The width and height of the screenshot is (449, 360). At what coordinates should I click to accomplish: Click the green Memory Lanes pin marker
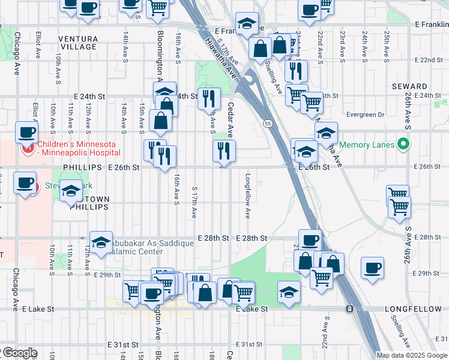coord(403,145)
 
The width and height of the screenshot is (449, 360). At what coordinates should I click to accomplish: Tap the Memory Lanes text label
coord(367,145)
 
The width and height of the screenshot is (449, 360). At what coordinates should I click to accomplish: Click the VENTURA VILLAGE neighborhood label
coord(78,43)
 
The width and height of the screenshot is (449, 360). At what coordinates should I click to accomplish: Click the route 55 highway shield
coord(268,123)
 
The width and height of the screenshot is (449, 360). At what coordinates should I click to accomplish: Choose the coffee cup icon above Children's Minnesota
coord(26,131)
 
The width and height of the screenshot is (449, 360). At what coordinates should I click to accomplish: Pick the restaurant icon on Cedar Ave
coord(224,151)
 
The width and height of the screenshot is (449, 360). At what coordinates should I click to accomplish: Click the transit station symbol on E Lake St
coord(349,308)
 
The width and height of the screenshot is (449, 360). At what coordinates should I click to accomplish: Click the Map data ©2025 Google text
coord(412,355)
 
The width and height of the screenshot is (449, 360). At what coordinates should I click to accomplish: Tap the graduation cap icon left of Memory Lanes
coord(326,133)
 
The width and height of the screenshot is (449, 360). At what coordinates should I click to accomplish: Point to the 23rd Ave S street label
coord(342,47)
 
